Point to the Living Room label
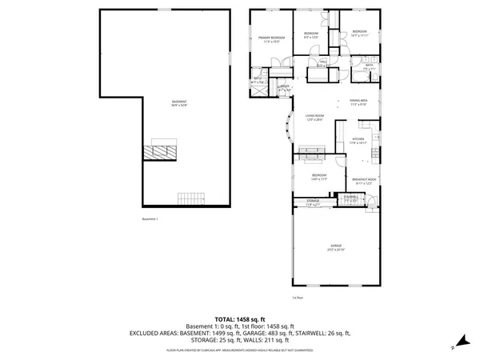pyautogui.click(x=314, y=118)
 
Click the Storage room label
pyautogui.click(x=313, y=202)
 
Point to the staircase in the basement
pyautogui.click(x=189, y=198)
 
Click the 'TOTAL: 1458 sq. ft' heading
pyautogui.click(x=239, y=318)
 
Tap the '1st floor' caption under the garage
pyautogui.click(x=297, y=298)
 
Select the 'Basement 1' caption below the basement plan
pyautogui.click(x=151, y=218)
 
